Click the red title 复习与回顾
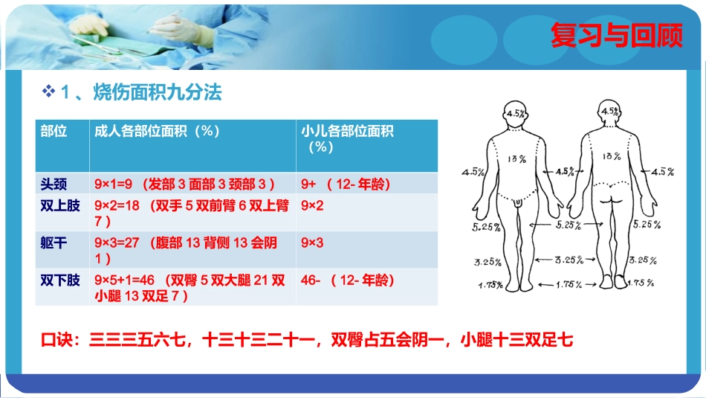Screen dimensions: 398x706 point(616,36)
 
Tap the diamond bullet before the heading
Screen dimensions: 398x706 point(50,92)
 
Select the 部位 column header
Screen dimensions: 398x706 point(54,131)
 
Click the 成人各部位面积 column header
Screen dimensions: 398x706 point(157,131)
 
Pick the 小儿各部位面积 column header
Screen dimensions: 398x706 point(347,131)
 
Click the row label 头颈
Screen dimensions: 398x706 point(54,184)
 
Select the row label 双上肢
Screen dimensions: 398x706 point(60,205)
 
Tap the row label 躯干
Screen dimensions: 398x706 point(54,243)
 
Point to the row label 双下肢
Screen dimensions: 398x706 point(60,280)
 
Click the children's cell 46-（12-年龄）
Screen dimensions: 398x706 point(347,280)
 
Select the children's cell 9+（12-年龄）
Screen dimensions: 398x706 point(346,184)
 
